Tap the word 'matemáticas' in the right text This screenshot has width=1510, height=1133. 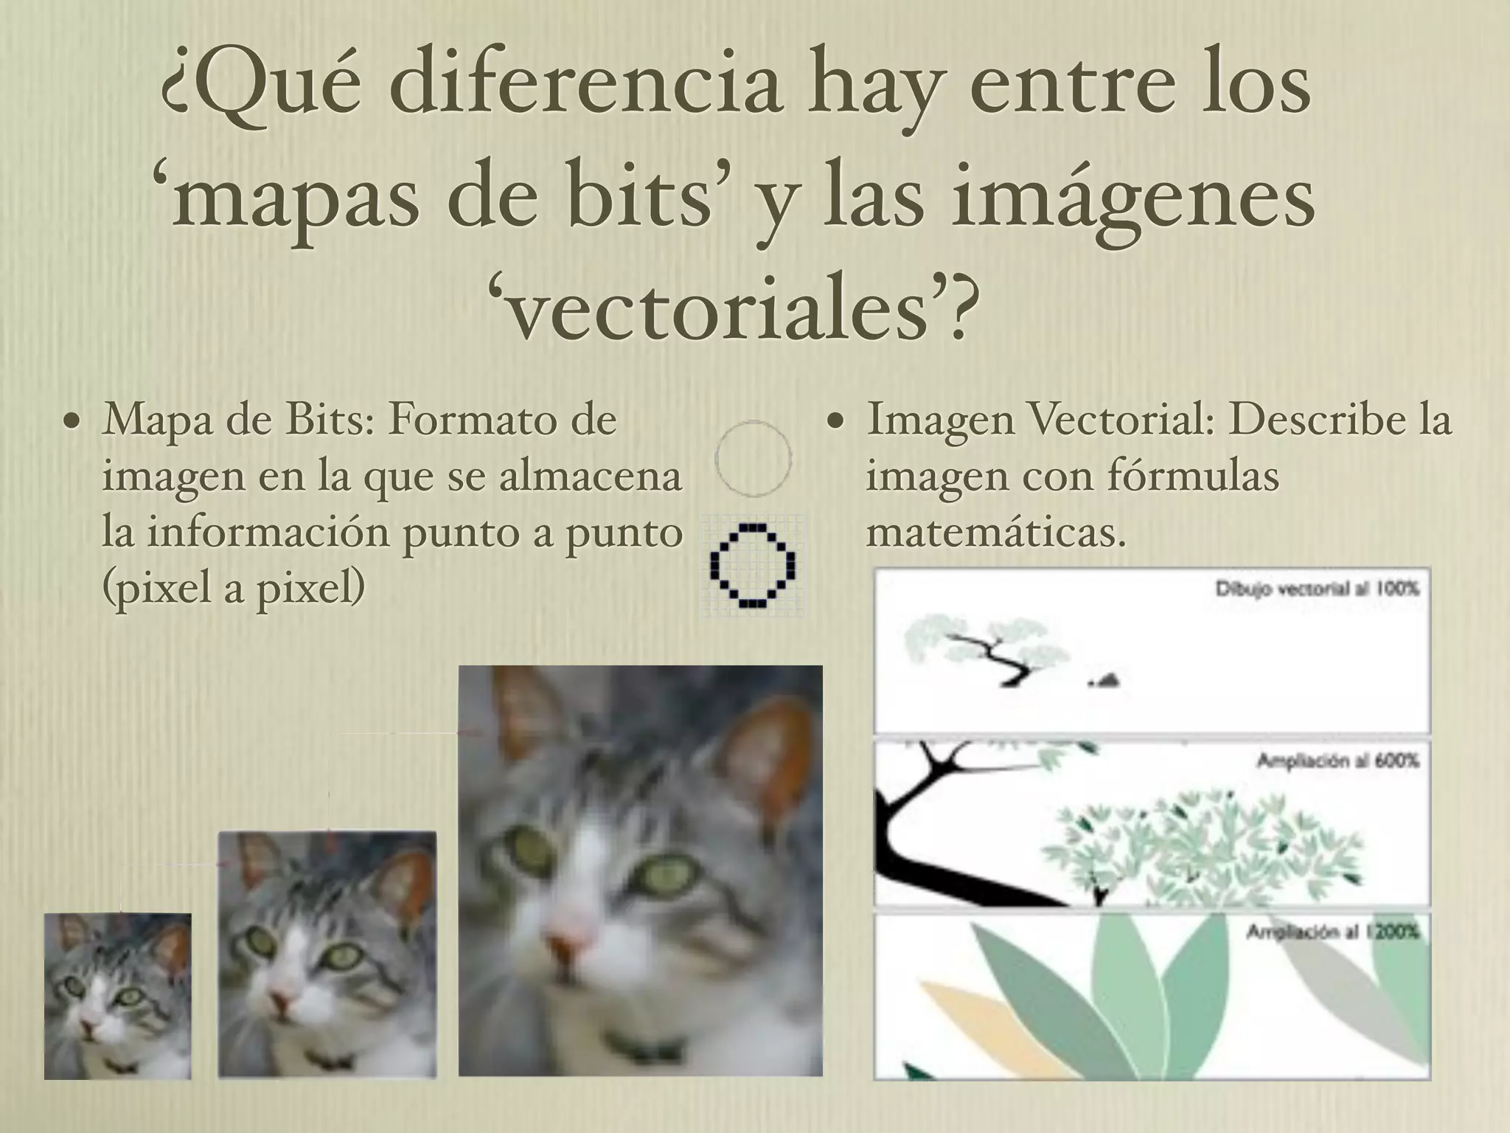995,533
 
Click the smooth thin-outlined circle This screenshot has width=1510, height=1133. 753,458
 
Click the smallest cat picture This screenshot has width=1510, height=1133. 118,996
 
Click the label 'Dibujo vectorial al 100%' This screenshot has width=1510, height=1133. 1316,589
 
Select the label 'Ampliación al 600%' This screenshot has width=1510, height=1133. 1337,760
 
